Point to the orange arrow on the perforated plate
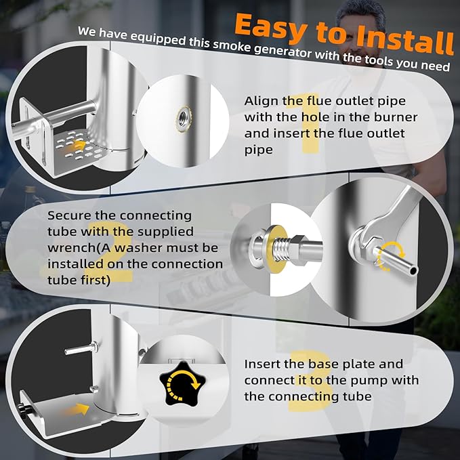80,144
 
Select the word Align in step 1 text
261,102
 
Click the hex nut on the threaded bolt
297,250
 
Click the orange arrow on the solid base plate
79,409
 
